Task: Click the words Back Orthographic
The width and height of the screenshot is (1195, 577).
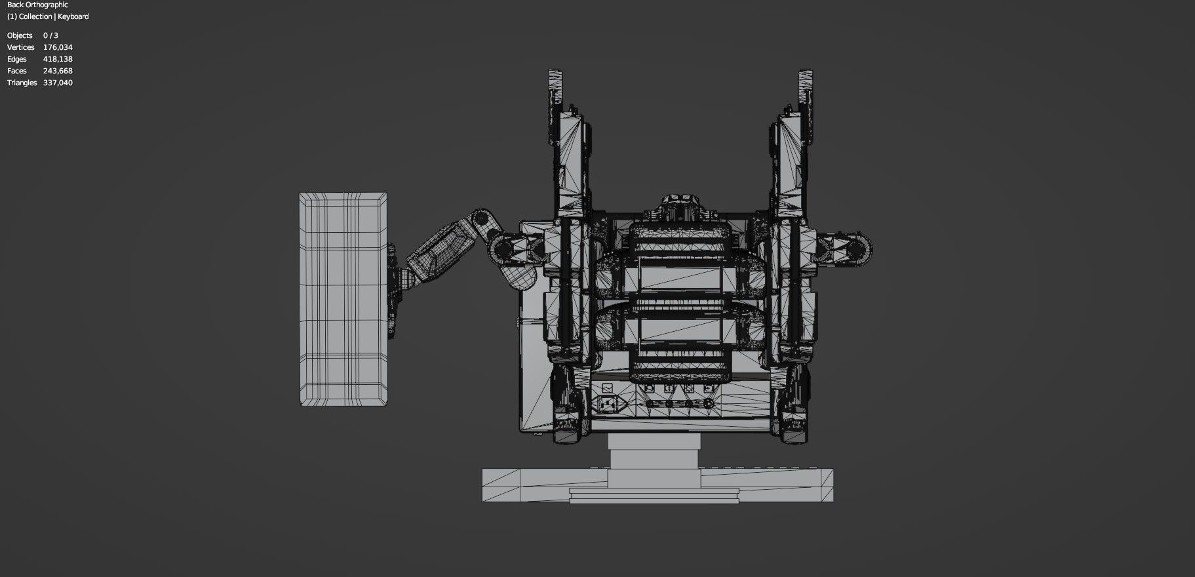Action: [x=37, y=5]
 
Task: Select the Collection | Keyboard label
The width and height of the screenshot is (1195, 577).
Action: [x=48, y=16]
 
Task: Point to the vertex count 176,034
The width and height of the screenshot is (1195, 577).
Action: [x=58, y=47]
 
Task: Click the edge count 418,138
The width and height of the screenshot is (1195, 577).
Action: [x=58, y=59]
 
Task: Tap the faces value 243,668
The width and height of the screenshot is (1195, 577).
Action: [x=58, y=71]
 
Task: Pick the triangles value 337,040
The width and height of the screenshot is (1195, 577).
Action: [x=58, y=83]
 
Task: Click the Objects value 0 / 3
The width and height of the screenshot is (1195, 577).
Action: [x=50, y=35]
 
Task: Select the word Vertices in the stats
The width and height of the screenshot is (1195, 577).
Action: [x=20, y=47]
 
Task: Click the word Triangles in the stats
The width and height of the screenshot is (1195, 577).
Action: [x=22, y=83]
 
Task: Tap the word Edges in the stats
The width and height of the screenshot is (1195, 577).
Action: [x=16, y=59]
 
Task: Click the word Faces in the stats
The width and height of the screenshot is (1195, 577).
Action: [x=17, y=71]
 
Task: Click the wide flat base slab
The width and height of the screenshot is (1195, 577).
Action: [x=657, y=486]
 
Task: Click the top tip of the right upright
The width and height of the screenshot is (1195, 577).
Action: [x=805, y=73]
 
